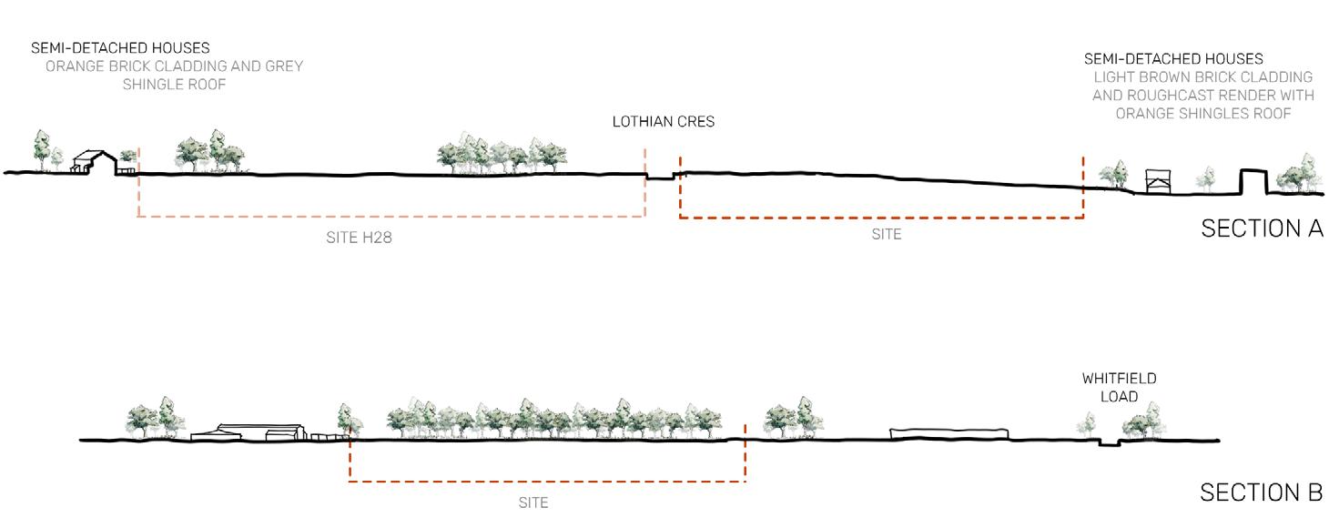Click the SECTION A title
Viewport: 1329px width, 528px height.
[1262, 228]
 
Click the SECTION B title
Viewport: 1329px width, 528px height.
[1261, 492]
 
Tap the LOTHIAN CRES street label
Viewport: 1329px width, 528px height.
[663, 122]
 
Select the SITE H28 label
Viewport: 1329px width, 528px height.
[359, 239]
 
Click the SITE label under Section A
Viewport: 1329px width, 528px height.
[886, 235]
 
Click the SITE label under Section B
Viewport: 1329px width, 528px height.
[533, 503]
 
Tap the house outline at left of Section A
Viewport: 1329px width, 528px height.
[94, 162]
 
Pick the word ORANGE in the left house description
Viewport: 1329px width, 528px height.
[74, 66]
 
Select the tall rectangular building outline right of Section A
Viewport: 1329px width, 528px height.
[1253, 181]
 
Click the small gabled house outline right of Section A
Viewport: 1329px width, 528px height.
[1155, 180]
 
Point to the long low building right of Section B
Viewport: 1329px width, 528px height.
[949, 433]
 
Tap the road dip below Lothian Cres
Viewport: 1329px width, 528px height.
[660, 177]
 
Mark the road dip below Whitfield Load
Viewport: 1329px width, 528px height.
[1108, 443]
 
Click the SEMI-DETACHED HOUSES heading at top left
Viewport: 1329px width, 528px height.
[120, 47]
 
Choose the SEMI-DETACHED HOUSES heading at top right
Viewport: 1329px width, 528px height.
[1173, 59]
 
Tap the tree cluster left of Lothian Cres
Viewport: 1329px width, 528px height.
[502, 156]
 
